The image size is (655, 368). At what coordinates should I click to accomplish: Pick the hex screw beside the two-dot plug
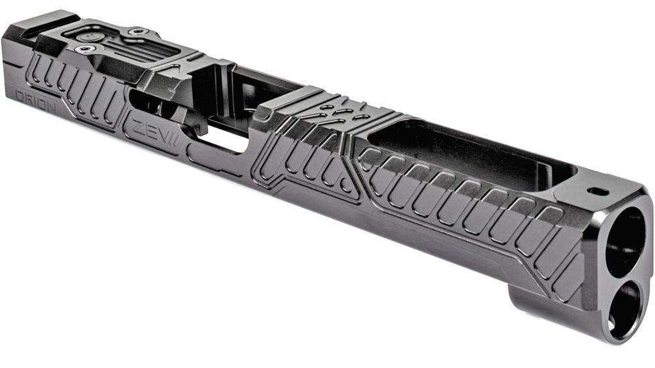tap(83, 50)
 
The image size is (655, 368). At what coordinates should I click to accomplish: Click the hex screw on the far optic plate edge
tap(138, 31)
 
